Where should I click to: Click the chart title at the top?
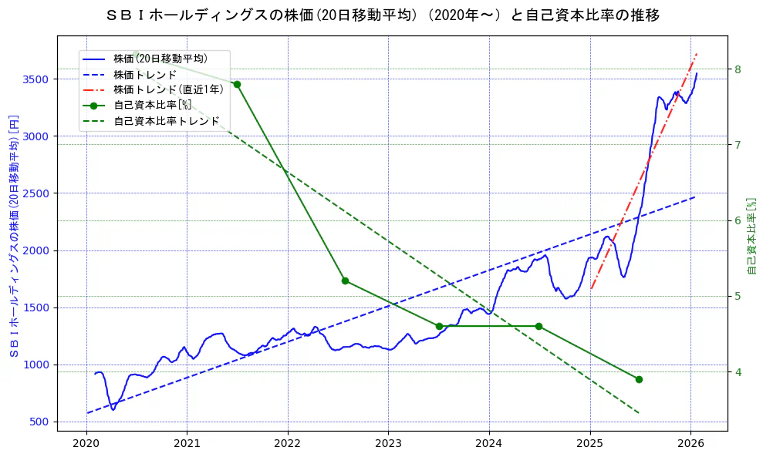click(x=382, y=15)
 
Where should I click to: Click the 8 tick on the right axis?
click(x=738, y=69)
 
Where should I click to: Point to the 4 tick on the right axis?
click(x=738, y=372)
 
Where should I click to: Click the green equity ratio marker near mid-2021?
click(x=237, y=84)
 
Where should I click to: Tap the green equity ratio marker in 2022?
click(x=345, y=281)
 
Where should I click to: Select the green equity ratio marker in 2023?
click(x=439, y=326)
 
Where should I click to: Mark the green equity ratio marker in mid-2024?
click(x=538, y=326)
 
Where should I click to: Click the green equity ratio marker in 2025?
click(x=639, y=379)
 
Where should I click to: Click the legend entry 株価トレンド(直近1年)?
click(x=168, y=89)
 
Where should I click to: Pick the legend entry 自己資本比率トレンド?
click(x=166, y=121)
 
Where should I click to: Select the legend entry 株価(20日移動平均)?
click(x=160, y=58)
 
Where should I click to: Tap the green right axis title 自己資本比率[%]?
click(x=753, y=235)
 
